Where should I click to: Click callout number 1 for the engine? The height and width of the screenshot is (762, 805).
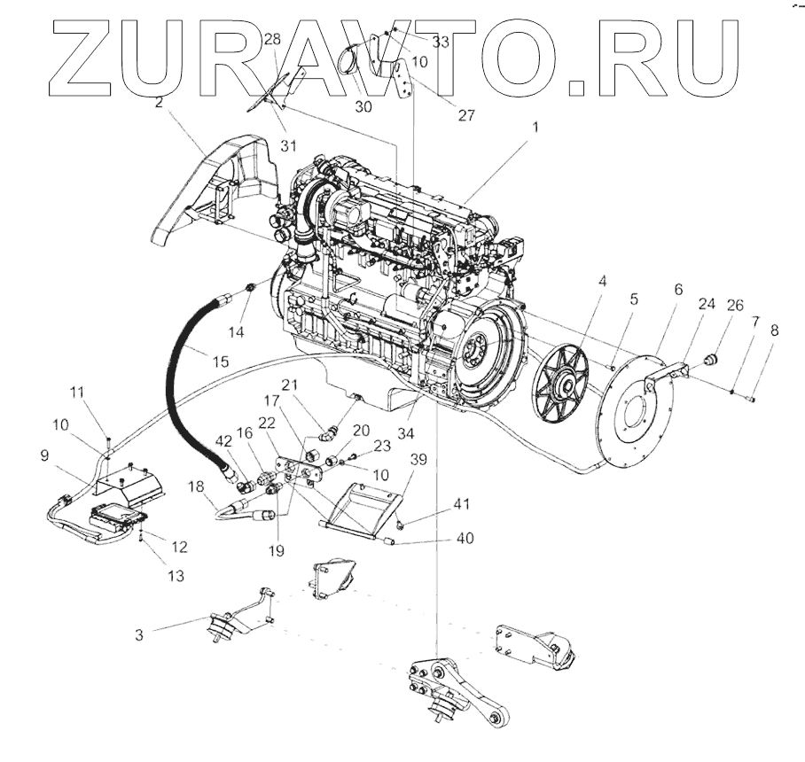pos(535,127)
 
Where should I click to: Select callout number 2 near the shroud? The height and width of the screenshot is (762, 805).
pos(158,103)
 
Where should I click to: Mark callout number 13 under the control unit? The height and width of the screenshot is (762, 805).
pos(176,576)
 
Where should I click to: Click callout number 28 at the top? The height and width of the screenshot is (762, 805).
pos(271,39)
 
